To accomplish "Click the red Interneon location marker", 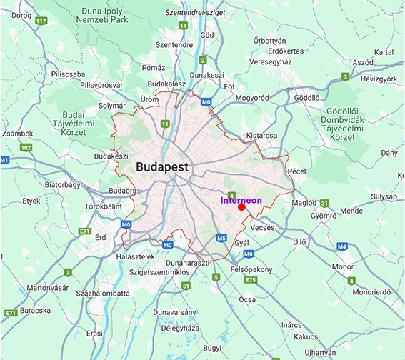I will click(x=241, y=207).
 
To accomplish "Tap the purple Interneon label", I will click(x=241, y=201).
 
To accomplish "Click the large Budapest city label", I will click(x=162, y=167).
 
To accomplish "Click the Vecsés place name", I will click(x=262, y=227).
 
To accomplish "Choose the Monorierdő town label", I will click(x=373, y=291).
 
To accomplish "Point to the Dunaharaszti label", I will click(x=185, y=262).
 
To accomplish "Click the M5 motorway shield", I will click(x=221, y=237).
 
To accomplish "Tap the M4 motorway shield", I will click(x=342, y=246).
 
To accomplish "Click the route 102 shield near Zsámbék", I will click(x=26, y=147).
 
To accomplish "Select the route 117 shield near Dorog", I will click(x=41, y=21).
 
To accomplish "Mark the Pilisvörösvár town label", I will click(x=105, y=84).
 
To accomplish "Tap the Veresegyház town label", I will click(x=270, y=62).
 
